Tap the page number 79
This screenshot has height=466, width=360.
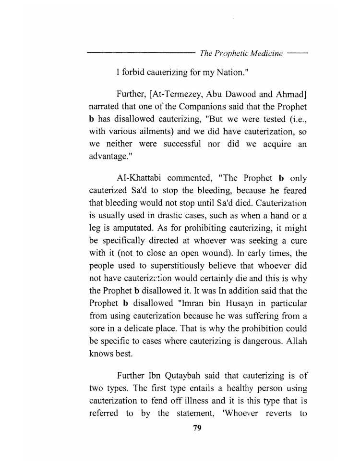point(197,429)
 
